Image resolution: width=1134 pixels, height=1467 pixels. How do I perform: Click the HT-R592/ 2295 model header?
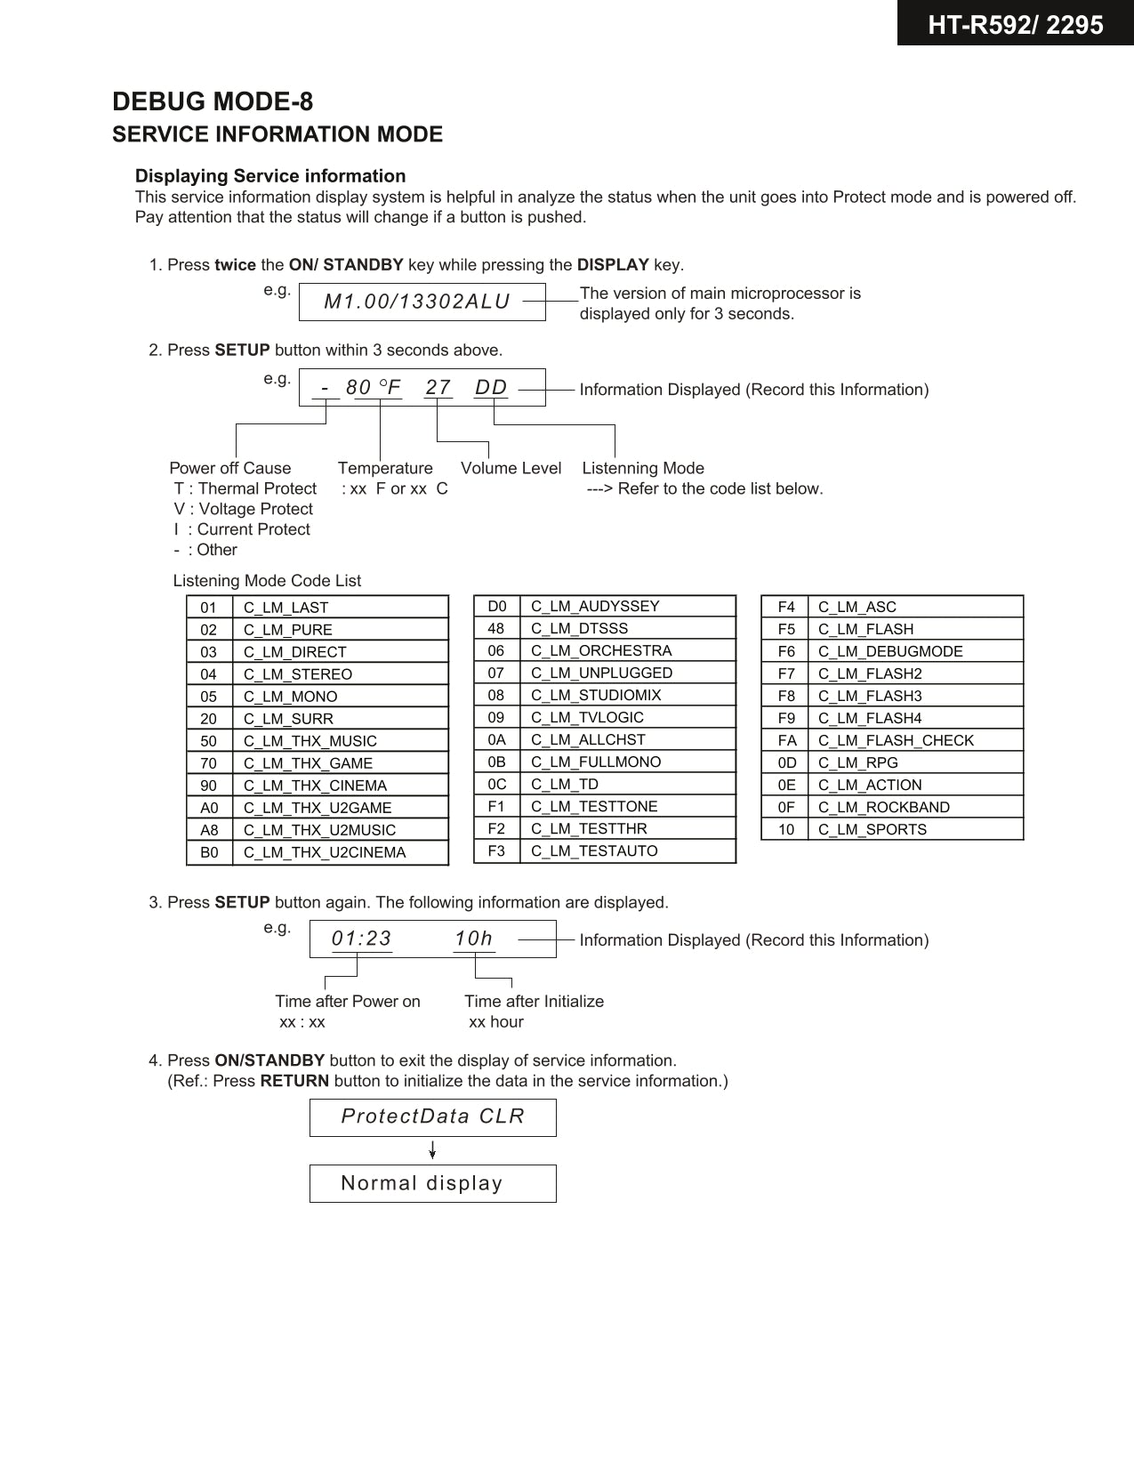click(x=1015, y=24)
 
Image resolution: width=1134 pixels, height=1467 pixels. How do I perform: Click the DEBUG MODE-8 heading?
click(x=213, y=101)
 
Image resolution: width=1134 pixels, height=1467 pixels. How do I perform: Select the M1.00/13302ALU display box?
click(x=422, y=302)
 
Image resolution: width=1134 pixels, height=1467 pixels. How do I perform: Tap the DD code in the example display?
click(x=491, y=388)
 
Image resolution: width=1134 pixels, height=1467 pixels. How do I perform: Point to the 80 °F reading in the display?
click(x=374, y=388)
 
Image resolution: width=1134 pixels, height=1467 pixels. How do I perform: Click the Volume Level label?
click(x=511, y=468)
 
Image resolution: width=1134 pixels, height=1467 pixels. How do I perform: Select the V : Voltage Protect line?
click(x=244, y=509)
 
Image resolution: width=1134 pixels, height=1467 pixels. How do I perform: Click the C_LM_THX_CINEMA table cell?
click(x=316, y=786)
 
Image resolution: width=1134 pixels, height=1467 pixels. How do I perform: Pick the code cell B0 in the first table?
click(x=209, y=852)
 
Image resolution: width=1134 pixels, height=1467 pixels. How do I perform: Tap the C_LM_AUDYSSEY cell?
click(x=595, y=606)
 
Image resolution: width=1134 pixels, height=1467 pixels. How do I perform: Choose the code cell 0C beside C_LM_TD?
click(x=496, y=784)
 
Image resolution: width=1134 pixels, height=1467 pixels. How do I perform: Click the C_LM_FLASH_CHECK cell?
click(x=896, y=740)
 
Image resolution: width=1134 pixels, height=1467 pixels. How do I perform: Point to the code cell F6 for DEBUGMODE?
click(x=786, y=651)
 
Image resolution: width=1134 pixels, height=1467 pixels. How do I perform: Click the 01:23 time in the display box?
click(x=361, y=939)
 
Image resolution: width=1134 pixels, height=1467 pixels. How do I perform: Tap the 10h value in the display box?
click(x=473, y=939)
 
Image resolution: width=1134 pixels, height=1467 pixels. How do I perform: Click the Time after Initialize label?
click(x=534, y=1001)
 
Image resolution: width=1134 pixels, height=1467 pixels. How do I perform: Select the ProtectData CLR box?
click(x=432, y=1116)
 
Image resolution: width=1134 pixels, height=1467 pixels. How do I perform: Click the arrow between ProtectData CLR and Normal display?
click(x=432, y=1150)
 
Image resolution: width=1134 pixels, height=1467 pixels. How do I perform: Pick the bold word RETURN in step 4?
click(x=294, y=1081)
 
